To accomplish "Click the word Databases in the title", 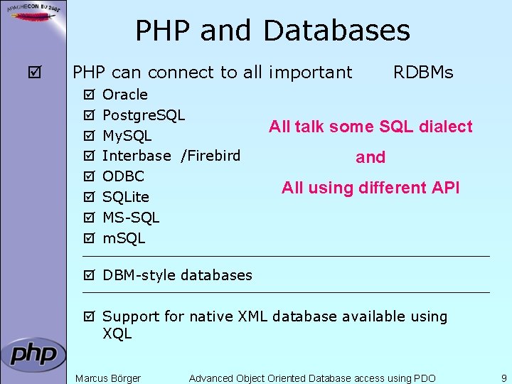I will coord(336,31).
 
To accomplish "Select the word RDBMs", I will coord(423,73).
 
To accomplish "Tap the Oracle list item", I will coord(125,95).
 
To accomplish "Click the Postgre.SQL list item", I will coord(144,115).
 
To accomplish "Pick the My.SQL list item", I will coord(127,135).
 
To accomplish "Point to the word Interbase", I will coord(137,156).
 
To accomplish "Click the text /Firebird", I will coord(210,156).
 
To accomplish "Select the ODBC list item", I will coord(123,176).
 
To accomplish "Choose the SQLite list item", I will coord(126,197).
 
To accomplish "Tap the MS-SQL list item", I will coord(131,217).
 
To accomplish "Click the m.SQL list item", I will coord(124,238).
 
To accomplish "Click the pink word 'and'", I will coord(370,157).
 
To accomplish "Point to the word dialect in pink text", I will coord(445,127).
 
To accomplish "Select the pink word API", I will coord(445,188).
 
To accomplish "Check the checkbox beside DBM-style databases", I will coord(88,275).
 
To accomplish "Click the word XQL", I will coord(117,334).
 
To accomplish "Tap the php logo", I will coord(33,354).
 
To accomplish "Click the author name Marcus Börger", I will coord(108,378).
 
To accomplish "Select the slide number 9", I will coord(503,378).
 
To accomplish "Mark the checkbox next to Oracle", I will coord(88,95).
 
